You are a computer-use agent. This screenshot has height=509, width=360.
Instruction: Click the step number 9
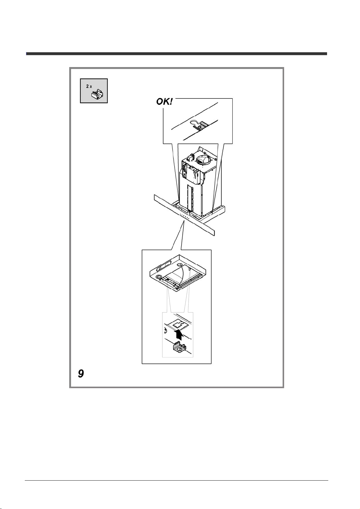coord(81,374)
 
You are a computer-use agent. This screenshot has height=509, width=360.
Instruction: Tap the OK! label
coord(164,101)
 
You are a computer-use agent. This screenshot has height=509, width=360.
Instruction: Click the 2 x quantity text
coord(89,87)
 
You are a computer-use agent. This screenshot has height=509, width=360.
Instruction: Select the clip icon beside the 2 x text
coord(97,94)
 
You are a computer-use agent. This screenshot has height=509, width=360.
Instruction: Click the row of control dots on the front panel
coord(184,217)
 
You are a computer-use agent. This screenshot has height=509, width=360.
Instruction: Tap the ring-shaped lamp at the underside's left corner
coord(158,277)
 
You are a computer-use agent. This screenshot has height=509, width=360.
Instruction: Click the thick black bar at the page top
coord(177,54)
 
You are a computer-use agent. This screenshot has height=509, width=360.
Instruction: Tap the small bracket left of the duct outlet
coord(190,157)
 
